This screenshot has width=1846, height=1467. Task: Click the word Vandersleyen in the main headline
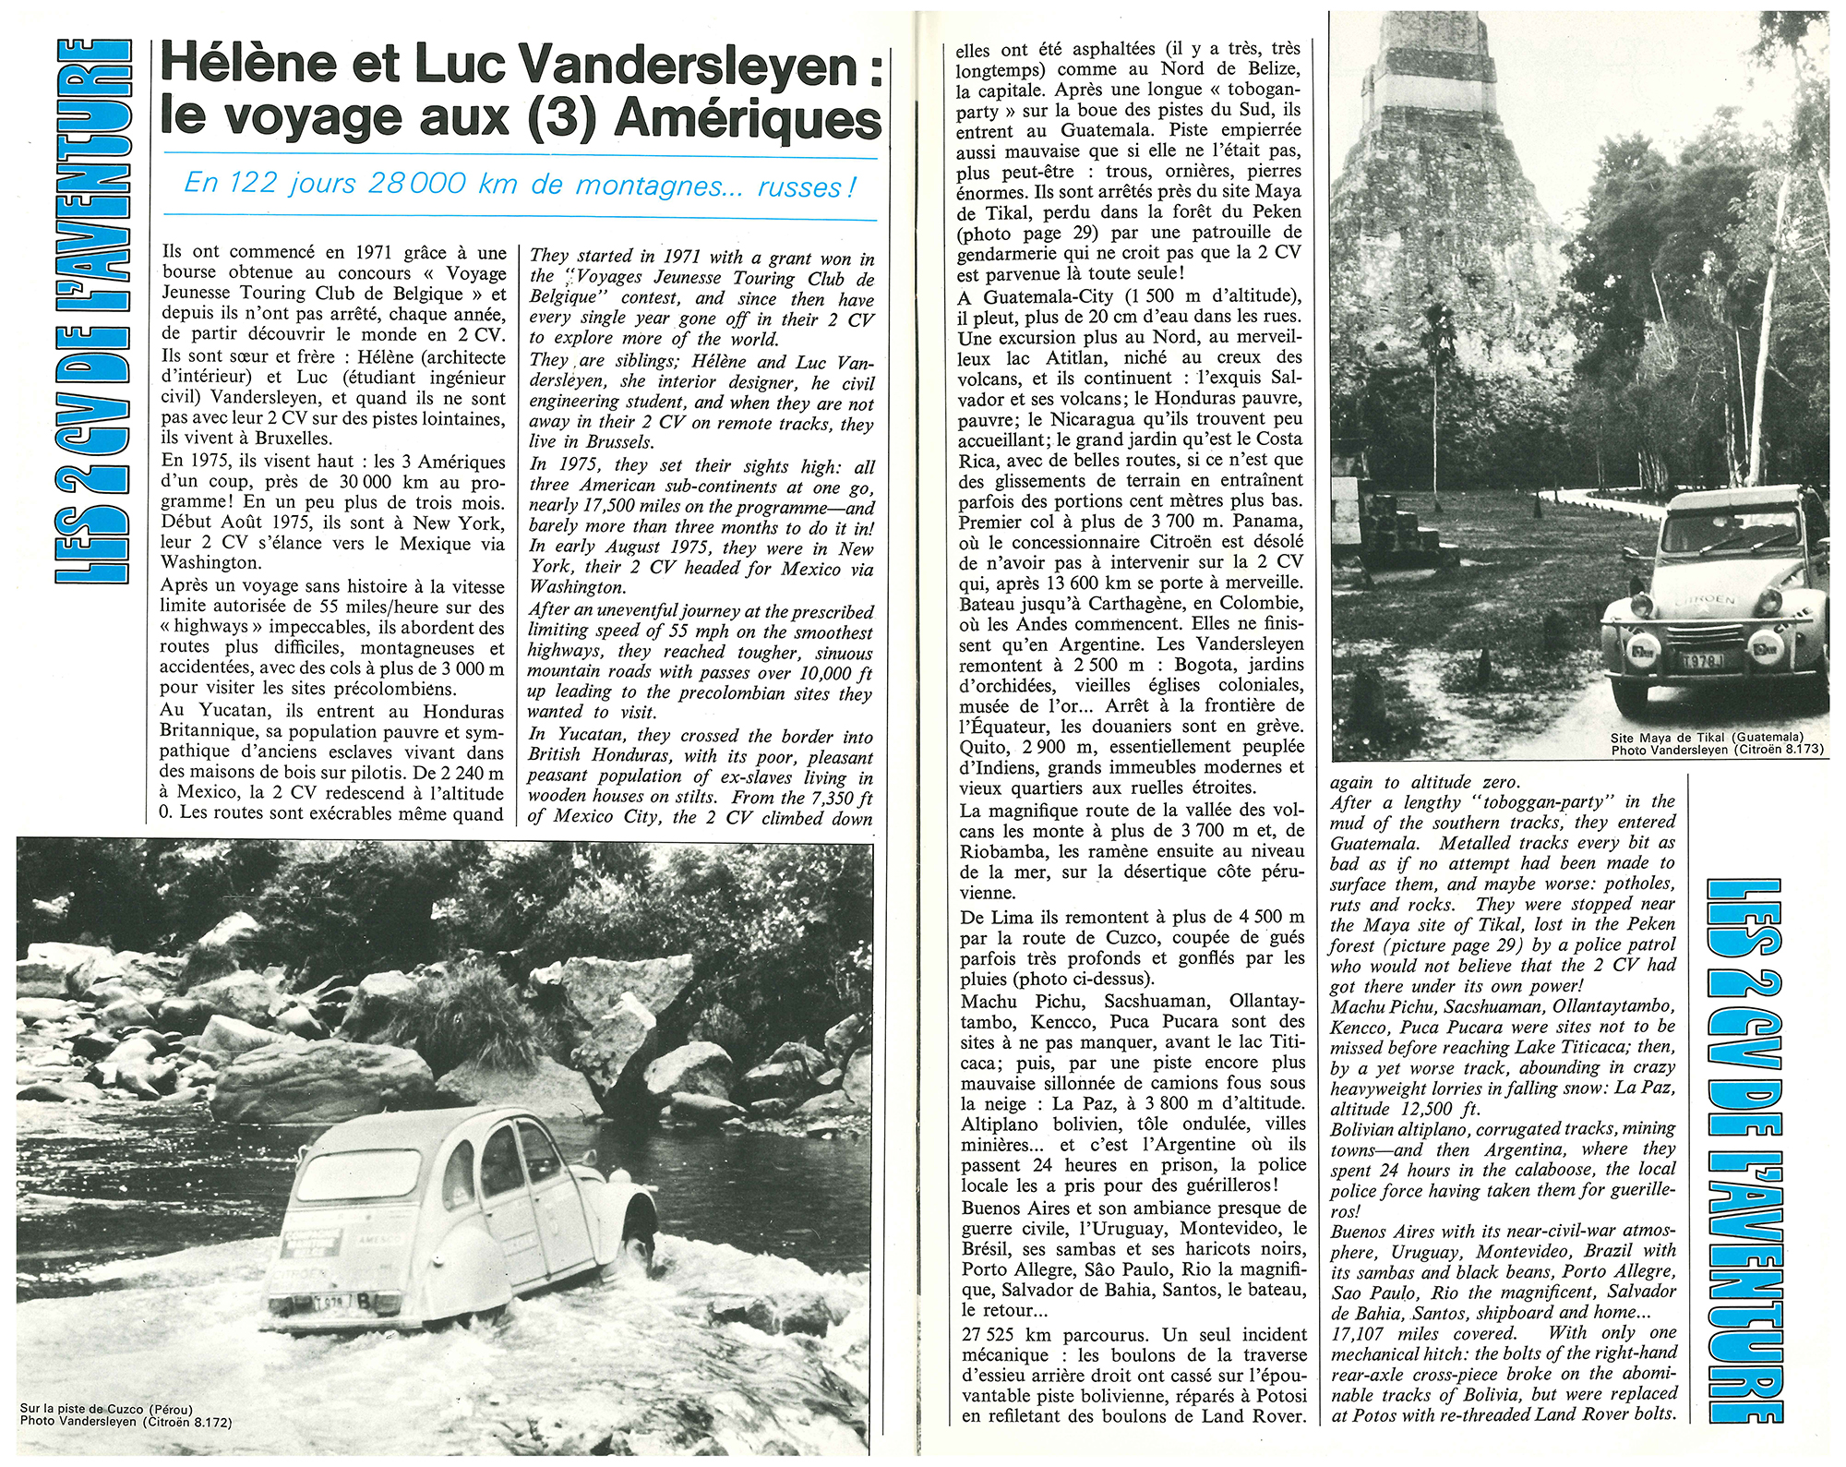point(689,65)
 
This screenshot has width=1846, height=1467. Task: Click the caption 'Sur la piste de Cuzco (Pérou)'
point(107,1409)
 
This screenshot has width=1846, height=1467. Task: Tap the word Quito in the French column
point(985,747)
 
